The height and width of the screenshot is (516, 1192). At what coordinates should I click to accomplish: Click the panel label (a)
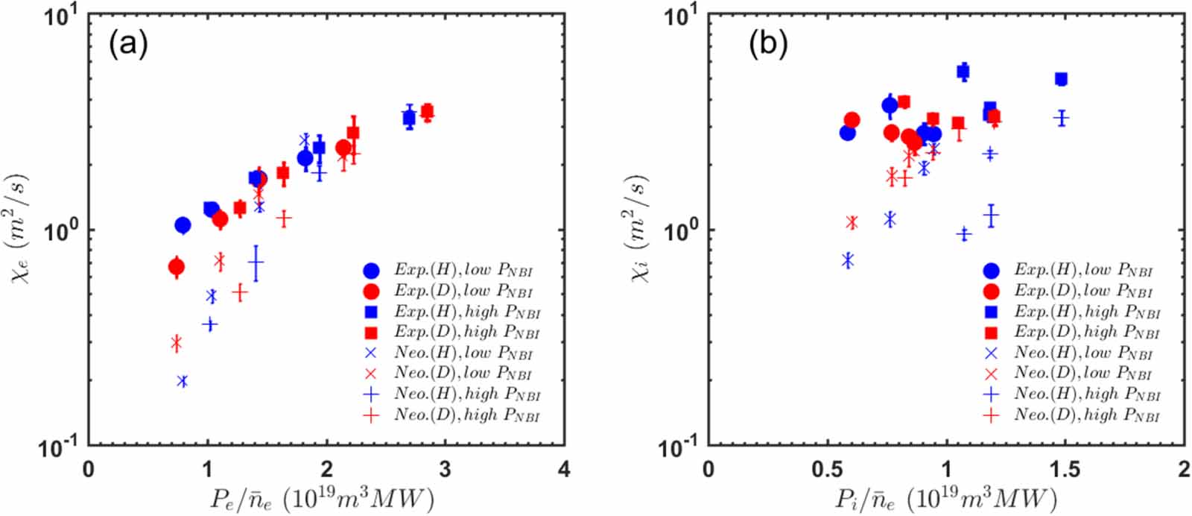tap(128, 45)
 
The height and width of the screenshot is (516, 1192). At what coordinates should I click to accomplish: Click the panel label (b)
tap(767, 45)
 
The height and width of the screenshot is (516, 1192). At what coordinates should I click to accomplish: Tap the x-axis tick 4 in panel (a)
tap(564, 470)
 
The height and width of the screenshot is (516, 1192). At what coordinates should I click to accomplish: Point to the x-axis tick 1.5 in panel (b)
tap(1065, 470)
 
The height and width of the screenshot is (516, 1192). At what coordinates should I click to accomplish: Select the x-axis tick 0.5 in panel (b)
tap(827, 470)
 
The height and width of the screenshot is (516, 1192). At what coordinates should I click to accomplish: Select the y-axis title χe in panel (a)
tap(19, 228)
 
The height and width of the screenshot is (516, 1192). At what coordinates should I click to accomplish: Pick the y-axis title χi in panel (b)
tap(639, 228)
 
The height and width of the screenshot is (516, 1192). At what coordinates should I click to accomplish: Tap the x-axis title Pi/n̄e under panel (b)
tap(944, 498)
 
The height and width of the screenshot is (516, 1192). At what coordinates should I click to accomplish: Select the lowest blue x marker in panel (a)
tap(183, 381)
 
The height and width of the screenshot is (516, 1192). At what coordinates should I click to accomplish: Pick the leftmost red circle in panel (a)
tap(177, 267)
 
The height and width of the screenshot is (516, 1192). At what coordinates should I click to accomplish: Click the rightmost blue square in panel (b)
tap(1061, 79)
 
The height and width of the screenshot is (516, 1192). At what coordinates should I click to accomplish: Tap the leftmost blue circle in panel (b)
tap(847, 133)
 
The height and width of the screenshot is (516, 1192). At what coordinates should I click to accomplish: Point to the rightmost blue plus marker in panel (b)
tap(1062, 118)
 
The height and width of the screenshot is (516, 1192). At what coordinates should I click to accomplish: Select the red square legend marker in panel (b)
tap(991, 333)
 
